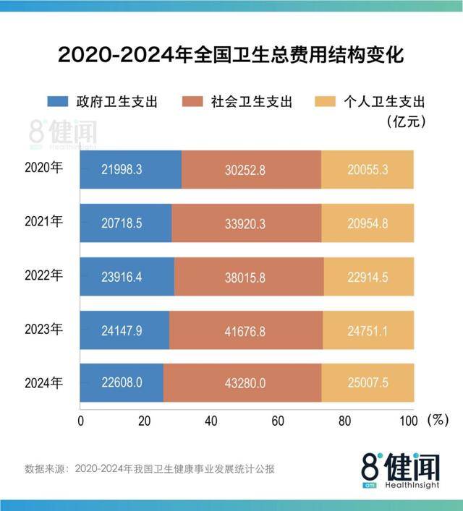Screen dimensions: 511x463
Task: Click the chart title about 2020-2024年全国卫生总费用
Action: tap(231, 55)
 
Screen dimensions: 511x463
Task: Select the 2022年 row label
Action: tap(44, 275)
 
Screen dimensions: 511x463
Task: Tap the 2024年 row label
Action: tap(44, 383)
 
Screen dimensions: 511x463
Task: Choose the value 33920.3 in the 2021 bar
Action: tap(246, 223)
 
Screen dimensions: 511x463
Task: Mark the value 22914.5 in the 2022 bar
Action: tap(368, 277)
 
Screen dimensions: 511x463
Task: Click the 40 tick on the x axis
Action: tap(212, 421)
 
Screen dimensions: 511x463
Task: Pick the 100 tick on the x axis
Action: tap(407, 421)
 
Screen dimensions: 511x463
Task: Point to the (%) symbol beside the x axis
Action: tap(437, 420)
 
